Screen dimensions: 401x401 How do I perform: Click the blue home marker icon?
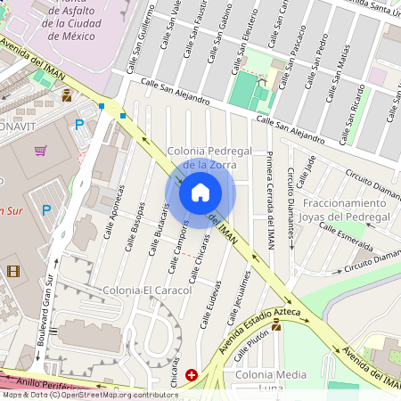[200, 192]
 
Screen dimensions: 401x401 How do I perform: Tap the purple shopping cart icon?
[40, 151]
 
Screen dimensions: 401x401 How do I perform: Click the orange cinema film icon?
[12, 271]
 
